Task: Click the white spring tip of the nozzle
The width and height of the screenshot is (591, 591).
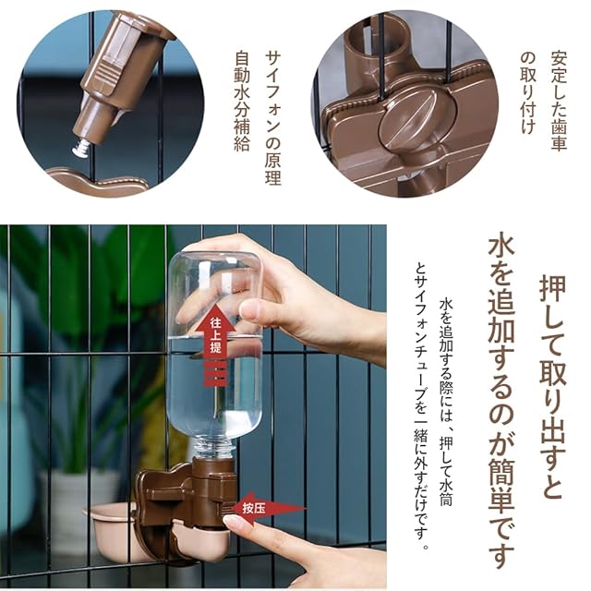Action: point(82,148)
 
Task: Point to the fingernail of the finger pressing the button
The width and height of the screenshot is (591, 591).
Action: point(232,522)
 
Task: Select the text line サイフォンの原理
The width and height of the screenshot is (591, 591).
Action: point(273,118)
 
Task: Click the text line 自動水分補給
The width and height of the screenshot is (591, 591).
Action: point(242,101)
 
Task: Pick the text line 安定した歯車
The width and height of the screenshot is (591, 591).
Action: point(558,101)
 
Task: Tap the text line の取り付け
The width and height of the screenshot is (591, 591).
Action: point(527,92)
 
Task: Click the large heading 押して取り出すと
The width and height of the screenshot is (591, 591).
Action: point(552,386)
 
